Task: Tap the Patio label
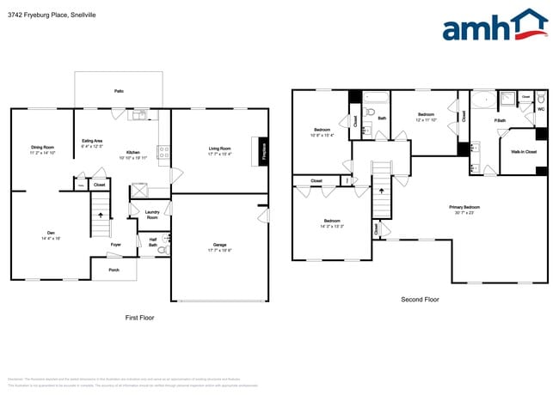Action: (119, 90)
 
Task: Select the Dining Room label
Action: (43, 149)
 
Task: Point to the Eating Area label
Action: (92, 143)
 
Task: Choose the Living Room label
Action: (219, 151)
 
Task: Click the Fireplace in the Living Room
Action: (263, 151)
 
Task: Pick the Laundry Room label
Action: (152, 215)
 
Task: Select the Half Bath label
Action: (152, 242)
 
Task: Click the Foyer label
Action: (115, 245)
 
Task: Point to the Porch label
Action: (114, 270)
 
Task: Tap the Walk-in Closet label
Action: (524, 151)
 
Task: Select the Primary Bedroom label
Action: (464, 209)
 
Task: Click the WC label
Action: (541, 109)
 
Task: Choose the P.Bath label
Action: (500, 121)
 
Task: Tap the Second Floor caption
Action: (421, 300)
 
